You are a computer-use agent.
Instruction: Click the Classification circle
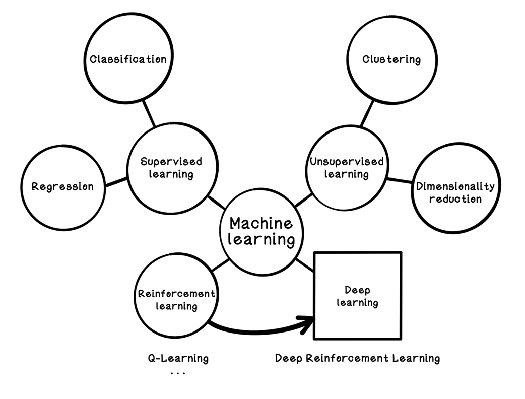point(127,59)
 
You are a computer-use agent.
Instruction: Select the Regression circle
point(63,187)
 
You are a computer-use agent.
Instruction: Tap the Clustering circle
point(391,59)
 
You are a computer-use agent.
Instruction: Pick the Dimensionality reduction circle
point(455,192)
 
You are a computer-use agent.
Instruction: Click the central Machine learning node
point(261,231)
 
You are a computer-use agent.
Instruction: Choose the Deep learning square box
point(358,296)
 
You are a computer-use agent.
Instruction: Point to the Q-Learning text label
point(178,358)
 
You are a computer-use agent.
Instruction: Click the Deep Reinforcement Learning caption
point(357,358)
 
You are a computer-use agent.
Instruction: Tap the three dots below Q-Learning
point(178,373)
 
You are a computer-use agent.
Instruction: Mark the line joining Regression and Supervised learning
point(116,181)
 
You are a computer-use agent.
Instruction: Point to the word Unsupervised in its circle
point(346,162)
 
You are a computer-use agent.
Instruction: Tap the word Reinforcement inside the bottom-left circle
point(176,294)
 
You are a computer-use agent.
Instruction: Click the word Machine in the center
point(261,223)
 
